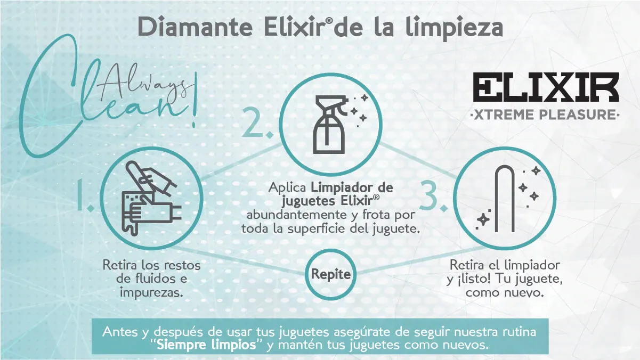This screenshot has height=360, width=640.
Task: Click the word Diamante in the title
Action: (x=195, y=27)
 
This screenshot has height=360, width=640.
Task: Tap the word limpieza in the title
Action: (x=454, y=28)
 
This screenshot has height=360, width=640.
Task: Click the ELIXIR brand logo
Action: (x=546, y=87)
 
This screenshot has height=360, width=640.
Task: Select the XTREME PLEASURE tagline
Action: (x=545, y=115)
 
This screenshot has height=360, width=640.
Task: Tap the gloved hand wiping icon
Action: (x=151, y=198)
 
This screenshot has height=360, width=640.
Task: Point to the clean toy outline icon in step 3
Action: (x=505, y=199)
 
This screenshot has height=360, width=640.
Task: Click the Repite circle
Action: (x=330, y=274)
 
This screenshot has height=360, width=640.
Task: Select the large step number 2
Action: (x=257, y=123)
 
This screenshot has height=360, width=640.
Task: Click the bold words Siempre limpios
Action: (x=206, y=345)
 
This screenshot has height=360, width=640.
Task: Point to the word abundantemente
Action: (x=296, y=215)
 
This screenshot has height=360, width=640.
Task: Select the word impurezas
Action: (x=151, y=292)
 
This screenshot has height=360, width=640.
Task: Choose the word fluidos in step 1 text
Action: (x=151, y=279)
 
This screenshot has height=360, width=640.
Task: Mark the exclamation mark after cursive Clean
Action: (x=195, y=100)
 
